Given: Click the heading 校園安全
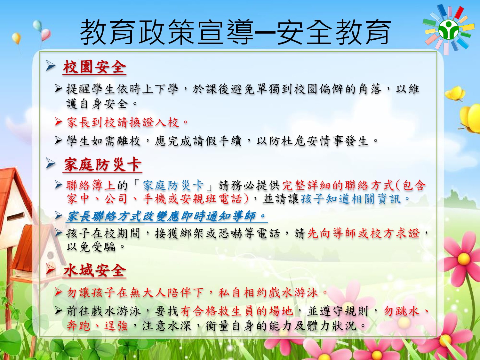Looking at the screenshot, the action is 94,67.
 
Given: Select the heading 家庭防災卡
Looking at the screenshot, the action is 103,164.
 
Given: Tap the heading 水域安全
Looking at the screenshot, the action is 94,271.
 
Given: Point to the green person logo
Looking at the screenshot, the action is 449,30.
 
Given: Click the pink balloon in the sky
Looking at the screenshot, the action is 46,34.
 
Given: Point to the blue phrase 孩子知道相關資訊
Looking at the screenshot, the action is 350,199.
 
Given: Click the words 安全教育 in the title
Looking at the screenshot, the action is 335,32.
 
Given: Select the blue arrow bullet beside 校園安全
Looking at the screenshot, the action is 51,66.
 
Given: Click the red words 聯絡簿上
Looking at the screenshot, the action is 91,185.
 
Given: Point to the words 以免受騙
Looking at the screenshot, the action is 91,247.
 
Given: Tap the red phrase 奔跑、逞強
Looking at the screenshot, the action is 97,326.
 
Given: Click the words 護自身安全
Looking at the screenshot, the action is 97,104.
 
